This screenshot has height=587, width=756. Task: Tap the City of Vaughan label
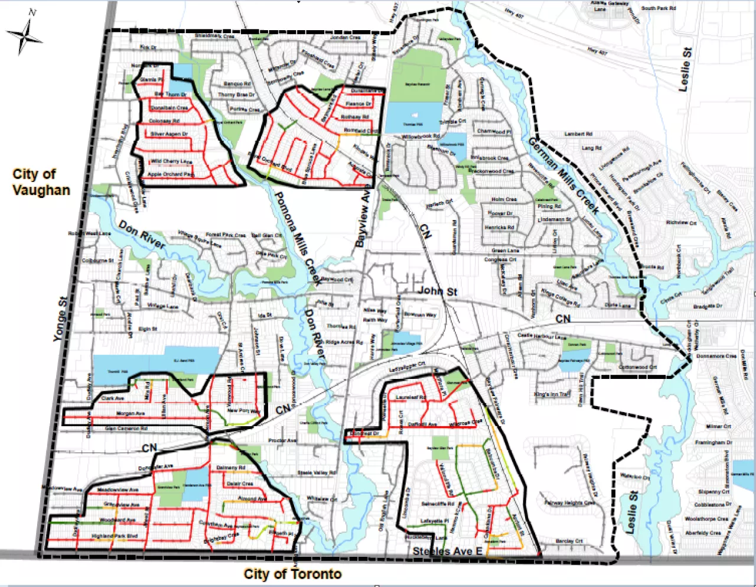(x=41, y=182)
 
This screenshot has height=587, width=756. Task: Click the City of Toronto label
(x=292, y=573)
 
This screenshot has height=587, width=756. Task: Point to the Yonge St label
(x=60, y=319)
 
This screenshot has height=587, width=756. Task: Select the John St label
(x=438, y=291)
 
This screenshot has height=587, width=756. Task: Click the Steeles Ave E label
(x=447, y=552)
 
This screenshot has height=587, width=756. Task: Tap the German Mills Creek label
(x=563, y=176)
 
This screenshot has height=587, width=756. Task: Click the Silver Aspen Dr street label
(x=169, y=134)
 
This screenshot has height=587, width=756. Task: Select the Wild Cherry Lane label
(x=171, y=161)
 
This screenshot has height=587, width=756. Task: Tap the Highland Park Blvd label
(x=115, y=536)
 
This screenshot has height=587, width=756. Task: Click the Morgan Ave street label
(x=131, y=414)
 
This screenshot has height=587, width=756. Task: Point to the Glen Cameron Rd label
(x=126, y=428)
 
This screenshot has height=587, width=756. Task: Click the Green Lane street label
(x=505, y=251)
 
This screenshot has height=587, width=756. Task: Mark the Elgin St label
(x=148, y=329)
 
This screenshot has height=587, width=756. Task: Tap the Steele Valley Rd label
(x=317, y=473)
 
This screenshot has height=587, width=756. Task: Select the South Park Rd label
(x=659, y=8)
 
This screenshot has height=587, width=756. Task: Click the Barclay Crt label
(x=569, y=541)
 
